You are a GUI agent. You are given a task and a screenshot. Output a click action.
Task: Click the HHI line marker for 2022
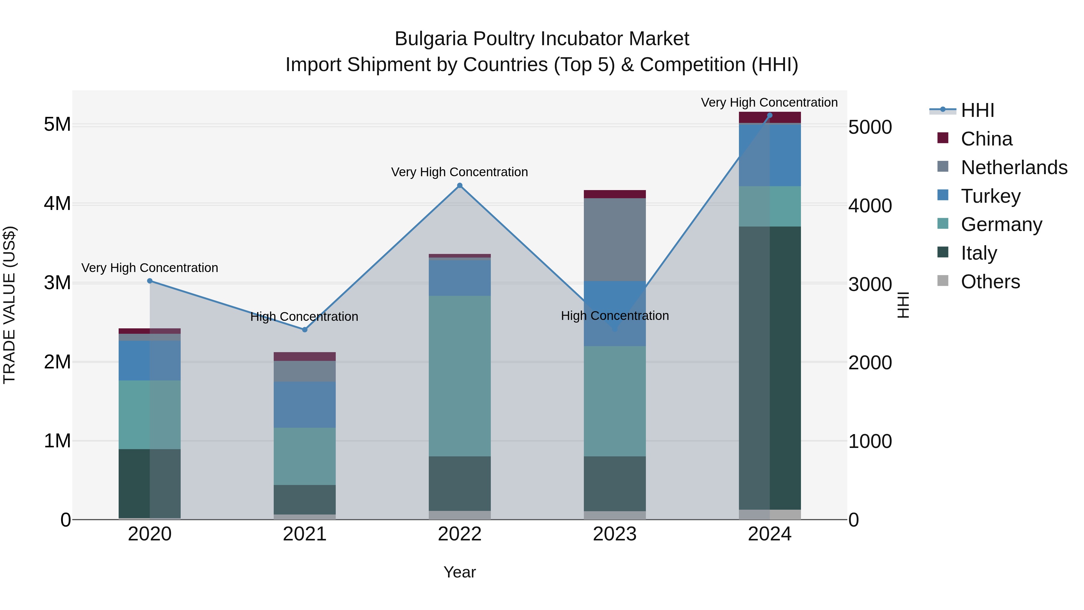(459, 186)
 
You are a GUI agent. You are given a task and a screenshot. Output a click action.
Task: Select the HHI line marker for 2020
(150, 281)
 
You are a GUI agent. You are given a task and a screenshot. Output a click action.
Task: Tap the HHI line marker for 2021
(305, 330)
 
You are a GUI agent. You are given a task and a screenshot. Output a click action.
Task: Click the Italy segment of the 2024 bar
(770, 368)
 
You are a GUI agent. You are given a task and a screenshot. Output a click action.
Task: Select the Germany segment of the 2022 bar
(459, 376)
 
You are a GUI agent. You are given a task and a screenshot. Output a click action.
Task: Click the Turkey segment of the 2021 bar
(305, 405)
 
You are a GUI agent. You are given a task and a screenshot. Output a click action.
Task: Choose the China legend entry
(986, 139)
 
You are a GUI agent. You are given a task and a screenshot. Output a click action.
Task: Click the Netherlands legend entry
(1013, 167)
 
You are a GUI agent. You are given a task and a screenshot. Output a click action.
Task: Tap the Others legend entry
(990, 282)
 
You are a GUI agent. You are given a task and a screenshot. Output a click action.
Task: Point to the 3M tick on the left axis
(57, 283)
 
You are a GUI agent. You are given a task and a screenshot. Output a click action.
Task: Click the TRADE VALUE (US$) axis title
(9, 305)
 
